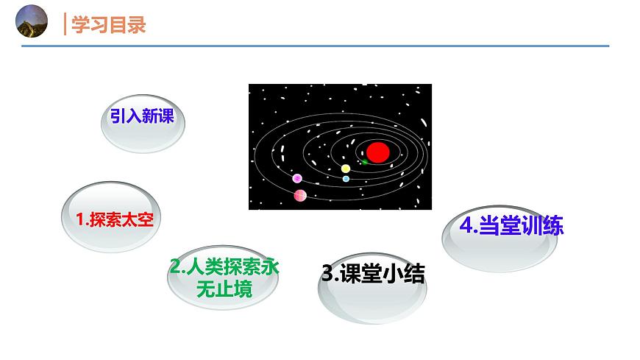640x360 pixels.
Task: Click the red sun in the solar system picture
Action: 377,152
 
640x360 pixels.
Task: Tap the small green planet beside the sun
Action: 363,161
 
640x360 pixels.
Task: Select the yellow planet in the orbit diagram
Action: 346,169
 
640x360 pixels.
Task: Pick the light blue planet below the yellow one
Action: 346,179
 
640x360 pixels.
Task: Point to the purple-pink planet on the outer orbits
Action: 297,179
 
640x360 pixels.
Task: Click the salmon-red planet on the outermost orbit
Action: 300,195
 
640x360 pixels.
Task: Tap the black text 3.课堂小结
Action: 373,275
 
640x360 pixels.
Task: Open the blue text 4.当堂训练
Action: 511,225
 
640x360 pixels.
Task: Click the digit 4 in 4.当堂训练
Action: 466,225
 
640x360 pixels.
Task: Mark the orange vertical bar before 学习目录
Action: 65,24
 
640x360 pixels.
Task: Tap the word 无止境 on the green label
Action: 224,289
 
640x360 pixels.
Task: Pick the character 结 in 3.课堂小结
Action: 414,275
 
